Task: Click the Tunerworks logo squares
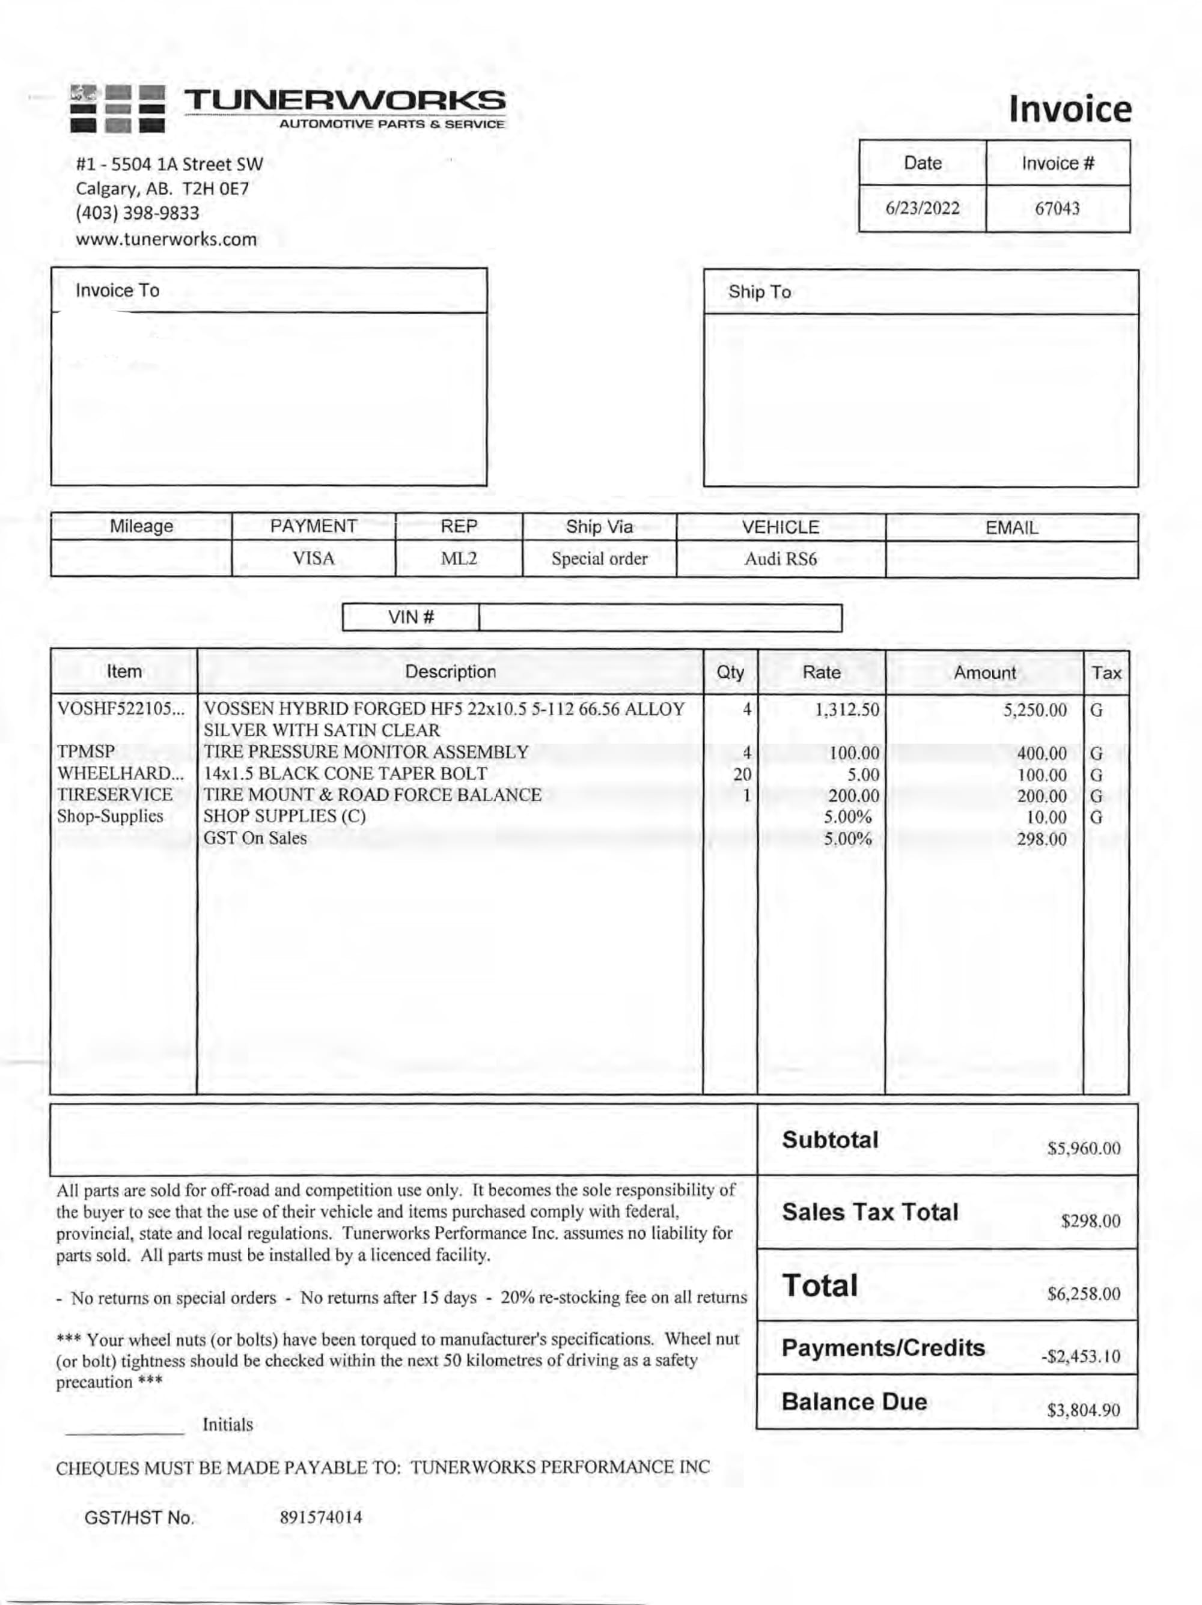118,109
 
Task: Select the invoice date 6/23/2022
922,209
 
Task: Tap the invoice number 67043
1057,209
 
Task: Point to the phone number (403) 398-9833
137,213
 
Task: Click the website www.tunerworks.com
166,240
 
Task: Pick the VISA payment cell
314,559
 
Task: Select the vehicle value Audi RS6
780,559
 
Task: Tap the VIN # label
411,617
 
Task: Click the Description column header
450,672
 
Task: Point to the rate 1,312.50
846,709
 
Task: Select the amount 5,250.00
1034,709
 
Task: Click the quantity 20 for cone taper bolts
742,775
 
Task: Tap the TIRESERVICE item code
115,795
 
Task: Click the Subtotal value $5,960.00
1083,1148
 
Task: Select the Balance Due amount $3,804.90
1083,1410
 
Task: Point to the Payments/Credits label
883,1348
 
